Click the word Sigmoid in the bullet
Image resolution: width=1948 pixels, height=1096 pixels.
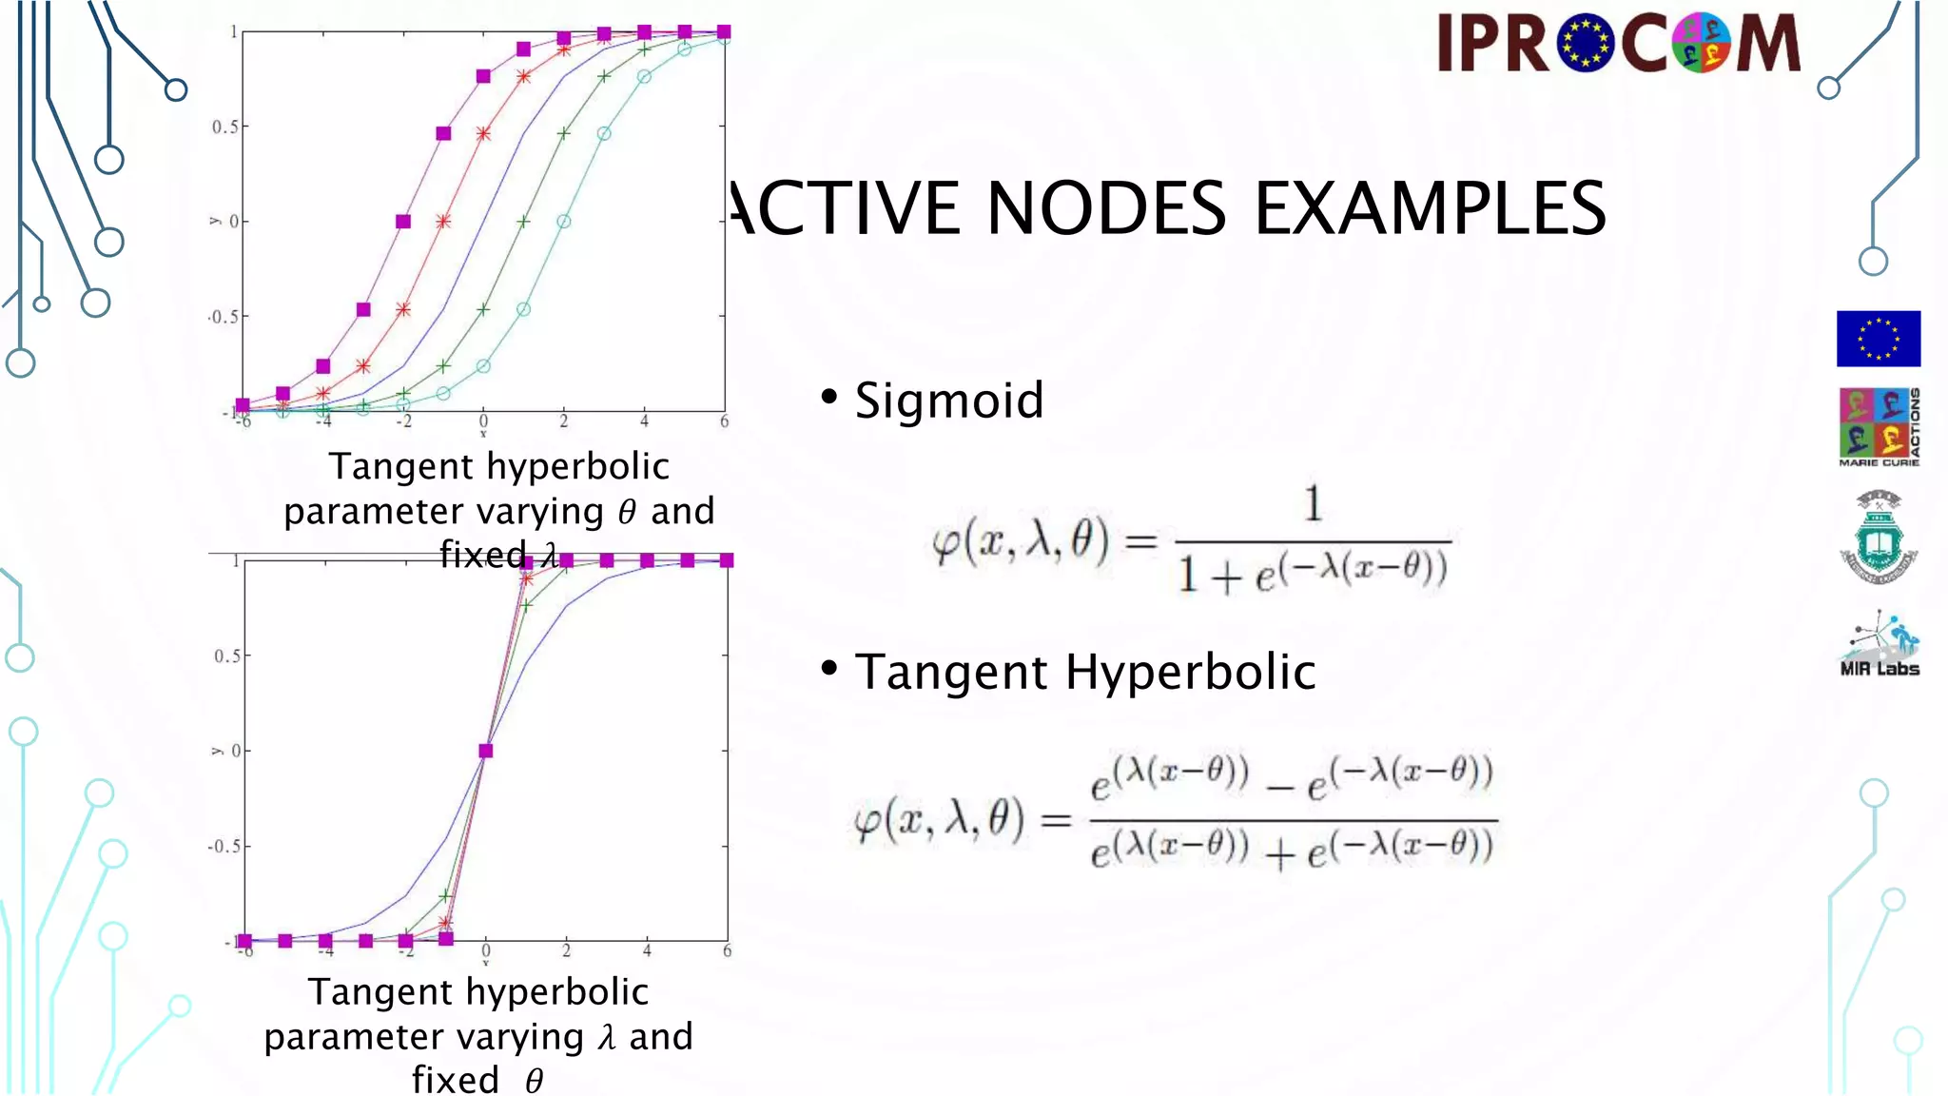pyautogui.click(x=948, y=401)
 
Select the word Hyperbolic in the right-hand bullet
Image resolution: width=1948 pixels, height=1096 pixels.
pyautogui.click(x=1190, y=673)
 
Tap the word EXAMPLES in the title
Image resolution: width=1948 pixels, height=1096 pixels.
pyautogui.click(x=1430, y=208)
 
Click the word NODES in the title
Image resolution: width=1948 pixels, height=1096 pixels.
pyautogui.click(x=1106, y=208)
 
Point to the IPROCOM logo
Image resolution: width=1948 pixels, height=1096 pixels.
pyautogui.click(x=1618, y=43)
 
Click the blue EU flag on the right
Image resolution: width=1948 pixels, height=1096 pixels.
pyautogui.click(x=1878, y=339)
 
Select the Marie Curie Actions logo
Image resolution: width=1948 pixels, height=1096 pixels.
pyautogui.click(x=1879, y=427)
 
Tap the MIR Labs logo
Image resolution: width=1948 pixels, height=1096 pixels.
pyautogui.click(x=1880, y=645)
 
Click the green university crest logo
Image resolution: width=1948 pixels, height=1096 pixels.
pyautogui.click(x=1879, y=538)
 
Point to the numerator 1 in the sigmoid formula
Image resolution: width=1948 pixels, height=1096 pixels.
pyautogui.click(x=1313, y=503)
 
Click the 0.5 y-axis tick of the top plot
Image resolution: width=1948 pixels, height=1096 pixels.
pyautogui.click(x=224, y=127)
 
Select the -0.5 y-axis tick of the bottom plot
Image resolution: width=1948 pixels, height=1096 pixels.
pyautogui.click(x=224, y=847)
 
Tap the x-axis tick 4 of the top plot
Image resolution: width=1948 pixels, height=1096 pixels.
pyautogui.click(x=644, y=421)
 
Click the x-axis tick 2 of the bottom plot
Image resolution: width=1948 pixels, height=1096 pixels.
pyautogui.click(x=566, y=950)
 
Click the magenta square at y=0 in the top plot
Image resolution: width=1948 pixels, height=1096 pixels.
pyautogui.click(x=403, y=222)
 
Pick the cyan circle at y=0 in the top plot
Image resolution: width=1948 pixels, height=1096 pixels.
pyautogui.click(x=564, y=222)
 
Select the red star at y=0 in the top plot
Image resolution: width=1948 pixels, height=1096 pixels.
pyautogui.click(x=443, y=222)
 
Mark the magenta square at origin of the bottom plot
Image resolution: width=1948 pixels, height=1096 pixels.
pyautogui.click(x=486, y=751)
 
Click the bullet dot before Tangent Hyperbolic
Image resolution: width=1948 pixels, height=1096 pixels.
pyautogui.click(x=829, y=669)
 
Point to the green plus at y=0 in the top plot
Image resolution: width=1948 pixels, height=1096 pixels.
pyautogui.click(x=523, y=222)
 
